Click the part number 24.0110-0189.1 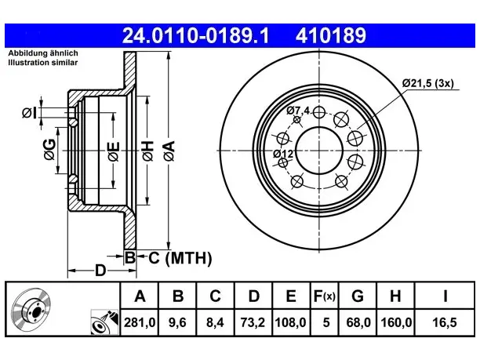(195, 35)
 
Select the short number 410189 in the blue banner (331, 35)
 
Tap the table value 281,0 (140, 322)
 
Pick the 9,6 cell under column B (177, 322)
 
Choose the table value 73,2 (253, 322)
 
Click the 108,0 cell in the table (290, 322)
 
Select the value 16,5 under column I (445, 322)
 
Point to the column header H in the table (395, 296)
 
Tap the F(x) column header (325, 296)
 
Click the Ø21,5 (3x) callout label (428, 83)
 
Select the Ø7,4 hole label (298, 111)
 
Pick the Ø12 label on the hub (283, 154)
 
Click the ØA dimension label (169, 151)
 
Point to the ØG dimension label (49, 149)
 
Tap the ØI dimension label (29, 113)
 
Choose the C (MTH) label (180, 258)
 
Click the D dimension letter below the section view (100, 271)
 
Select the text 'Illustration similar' (43, 63)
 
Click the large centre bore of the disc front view (319, 151)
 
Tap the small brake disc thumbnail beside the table (31, 308)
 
